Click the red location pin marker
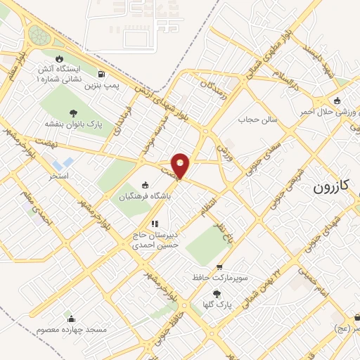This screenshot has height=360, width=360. coord(181,165)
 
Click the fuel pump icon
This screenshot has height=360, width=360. coord(103,75)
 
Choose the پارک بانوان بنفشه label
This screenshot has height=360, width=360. coord(73,123)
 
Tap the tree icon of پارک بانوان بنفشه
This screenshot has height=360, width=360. coord(73,112)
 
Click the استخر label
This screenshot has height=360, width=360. coord(58,176)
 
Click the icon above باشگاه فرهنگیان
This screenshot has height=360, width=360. coord(145,186)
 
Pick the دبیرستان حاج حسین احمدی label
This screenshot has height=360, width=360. coord(158,240)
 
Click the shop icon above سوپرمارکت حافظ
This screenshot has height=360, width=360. coord(220,268)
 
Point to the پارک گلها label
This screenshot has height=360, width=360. coord(220,304)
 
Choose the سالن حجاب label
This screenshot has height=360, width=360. coord(262,120)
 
